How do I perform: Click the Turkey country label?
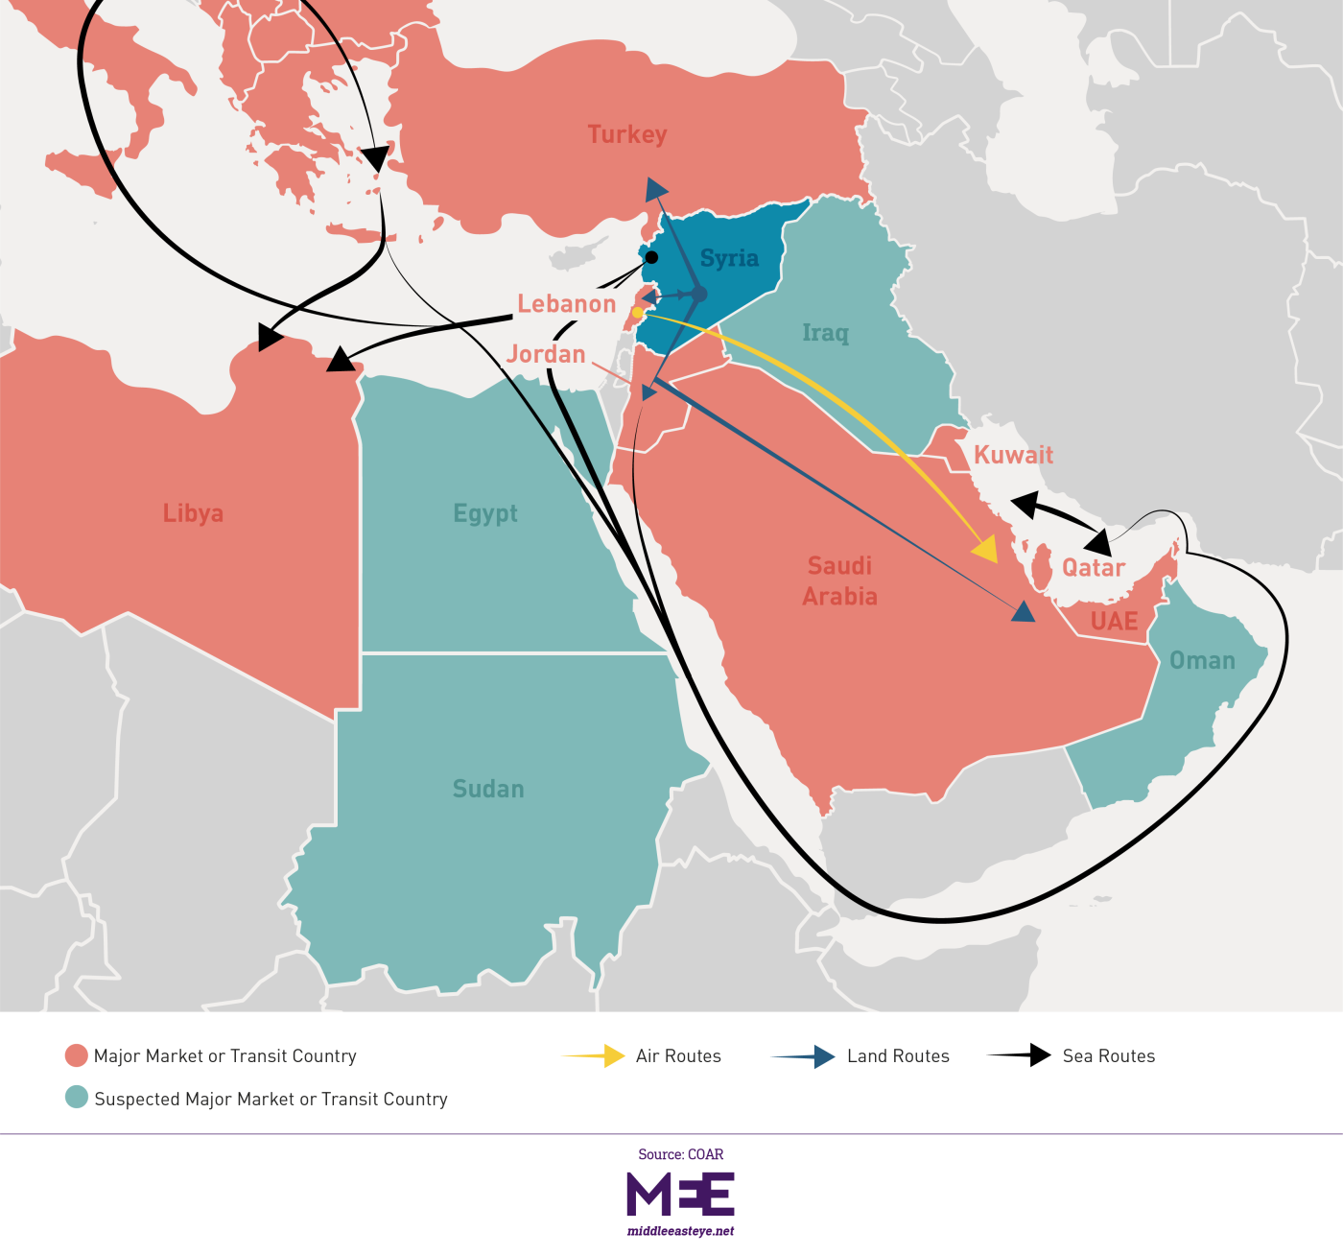click(x=627, y=134)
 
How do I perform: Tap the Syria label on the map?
click(x=729, y=258)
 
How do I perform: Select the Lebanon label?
click(x=566, y=304)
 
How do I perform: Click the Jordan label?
click(x=546, y=354)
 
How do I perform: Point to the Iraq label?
click(x=825, y=333)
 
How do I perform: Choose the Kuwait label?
click(x=1013, y=455)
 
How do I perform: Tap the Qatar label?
click(x=1093, y=568)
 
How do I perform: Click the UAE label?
click(x=1114, y=622)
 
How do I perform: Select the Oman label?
click(x=1202, y=660)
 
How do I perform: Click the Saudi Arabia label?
click(x=839, y=581)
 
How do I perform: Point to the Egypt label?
click(x=485, y=513)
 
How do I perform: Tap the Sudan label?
click(x=488, y=789)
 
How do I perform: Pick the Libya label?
click(x=193, y=513)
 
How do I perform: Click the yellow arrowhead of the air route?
click(x=986, y=551)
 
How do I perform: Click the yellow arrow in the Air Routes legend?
click(x=595, y=1055)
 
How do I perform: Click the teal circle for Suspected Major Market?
click(x=77, y=1097)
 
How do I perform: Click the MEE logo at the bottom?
click(x=680, y=1194)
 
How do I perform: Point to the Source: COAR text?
click(x=680, y=1154)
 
